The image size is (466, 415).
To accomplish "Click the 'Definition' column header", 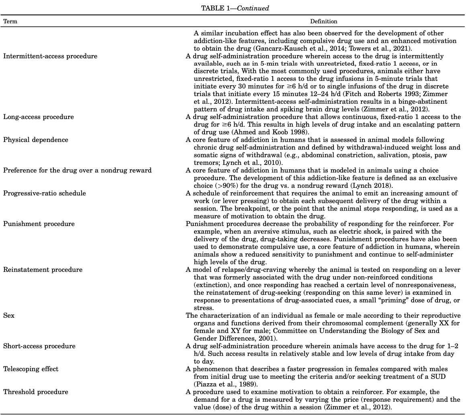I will pos(323,21).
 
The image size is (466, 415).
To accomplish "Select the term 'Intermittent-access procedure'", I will pos(50,56).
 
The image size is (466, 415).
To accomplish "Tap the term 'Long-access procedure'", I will pos(39,117).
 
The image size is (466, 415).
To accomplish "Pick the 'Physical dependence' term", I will pos(36,140).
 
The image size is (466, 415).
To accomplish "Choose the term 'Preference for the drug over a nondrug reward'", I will pos(78,171).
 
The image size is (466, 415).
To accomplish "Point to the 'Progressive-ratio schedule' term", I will pos(45,193).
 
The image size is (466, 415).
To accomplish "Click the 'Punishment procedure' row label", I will pos(39,224).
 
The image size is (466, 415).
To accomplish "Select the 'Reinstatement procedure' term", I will pos(43,270).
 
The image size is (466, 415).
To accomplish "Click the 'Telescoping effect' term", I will pos(31,369).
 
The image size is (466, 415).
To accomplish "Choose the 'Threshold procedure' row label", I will pos(36,392).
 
